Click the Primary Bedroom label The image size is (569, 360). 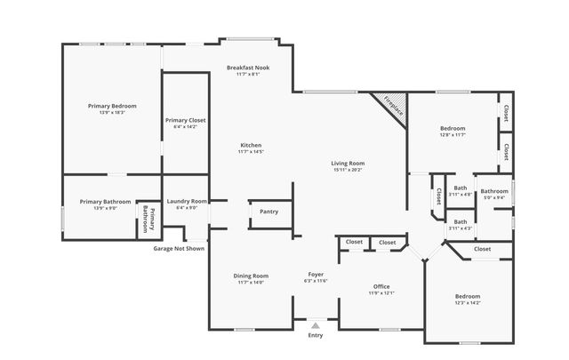tap(112, 106)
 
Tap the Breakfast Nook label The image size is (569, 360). tap(248, 68)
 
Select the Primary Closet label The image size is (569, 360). tap(186, 120)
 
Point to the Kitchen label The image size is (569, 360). tap(251, 145)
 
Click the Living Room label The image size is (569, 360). tap(349, 163)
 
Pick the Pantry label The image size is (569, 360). tap(268, 212)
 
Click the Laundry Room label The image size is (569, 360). tap(187, 201)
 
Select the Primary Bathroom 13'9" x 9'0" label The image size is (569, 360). tap(99, 202)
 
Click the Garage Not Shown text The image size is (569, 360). tap(179, 249)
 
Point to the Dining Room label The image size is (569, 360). tap(251, 276)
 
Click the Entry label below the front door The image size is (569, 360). tap(316, 335)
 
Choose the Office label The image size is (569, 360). tap(382, 286)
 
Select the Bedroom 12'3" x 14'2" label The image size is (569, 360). tap(468, 296)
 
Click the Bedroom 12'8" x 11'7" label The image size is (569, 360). tap(453, 128)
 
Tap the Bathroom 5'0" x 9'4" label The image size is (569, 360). tap(494, 191)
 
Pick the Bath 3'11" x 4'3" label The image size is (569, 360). tap(461, 221)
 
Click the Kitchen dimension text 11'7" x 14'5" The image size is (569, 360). tap(251, 152)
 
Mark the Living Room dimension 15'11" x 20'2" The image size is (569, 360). tap(349, 170)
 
